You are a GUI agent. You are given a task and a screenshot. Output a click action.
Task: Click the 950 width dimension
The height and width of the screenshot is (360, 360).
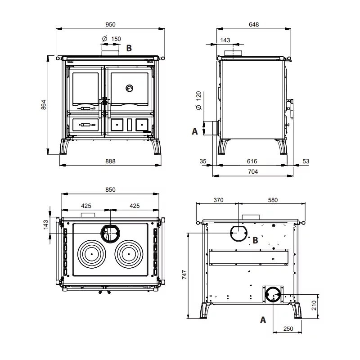point(110,25)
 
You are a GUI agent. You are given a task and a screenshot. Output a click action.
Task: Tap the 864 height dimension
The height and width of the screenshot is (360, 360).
point(44,105)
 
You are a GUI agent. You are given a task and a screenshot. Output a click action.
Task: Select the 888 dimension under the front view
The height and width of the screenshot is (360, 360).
point(110,162)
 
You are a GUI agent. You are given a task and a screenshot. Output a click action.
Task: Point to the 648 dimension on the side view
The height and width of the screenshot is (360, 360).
point(254,25)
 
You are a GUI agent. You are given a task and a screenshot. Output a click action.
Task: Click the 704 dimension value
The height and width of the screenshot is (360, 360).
point(253,172)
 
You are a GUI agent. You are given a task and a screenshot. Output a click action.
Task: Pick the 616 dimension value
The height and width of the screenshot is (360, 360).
point(252,162)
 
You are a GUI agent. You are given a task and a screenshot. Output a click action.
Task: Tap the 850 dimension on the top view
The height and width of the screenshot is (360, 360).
point(110,189)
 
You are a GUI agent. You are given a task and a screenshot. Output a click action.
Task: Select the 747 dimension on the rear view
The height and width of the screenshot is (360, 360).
point(184,274)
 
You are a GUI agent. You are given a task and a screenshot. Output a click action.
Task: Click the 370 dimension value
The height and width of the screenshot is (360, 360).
point(218,200)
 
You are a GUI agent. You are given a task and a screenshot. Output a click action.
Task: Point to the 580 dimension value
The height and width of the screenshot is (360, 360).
point(273,200)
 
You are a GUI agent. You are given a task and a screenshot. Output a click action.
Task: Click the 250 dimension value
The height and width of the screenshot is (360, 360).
point(288,329)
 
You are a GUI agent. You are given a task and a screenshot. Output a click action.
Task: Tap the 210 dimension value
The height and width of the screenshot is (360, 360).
point(314,306)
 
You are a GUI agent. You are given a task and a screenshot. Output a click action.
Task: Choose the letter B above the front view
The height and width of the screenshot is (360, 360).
point(129,48)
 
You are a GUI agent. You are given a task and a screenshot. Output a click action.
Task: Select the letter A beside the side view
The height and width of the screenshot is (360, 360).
point(195,131)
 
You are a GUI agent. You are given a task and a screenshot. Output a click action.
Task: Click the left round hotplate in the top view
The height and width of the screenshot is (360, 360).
point(92,254)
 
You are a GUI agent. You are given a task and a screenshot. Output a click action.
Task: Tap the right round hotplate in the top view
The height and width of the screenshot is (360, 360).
point(129,254)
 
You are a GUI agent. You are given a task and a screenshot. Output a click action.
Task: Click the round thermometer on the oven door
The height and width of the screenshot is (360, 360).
point(130,88)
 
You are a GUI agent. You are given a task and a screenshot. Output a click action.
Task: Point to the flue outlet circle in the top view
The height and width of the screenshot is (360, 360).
point(110,234)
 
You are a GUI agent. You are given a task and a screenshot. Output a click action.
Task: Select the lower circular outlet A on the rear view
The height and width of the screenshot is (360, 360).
point(273,294)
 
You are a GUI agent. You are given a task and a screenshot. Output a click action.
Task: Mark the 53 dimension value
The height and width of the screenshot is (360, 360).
point(306,162)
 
